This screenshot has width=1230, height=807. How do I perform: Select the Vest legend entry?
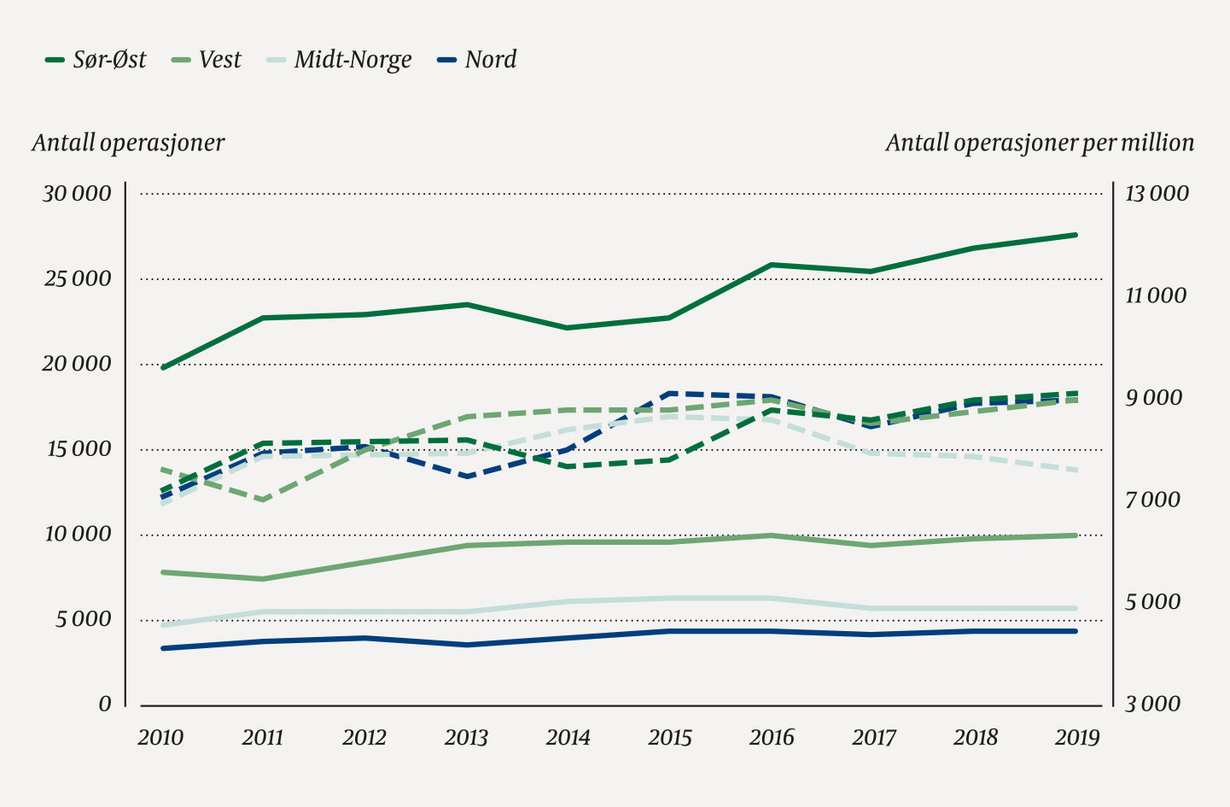click(207, 60)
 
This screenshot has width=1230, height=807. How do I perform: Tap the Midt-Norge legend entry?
click(340, 60)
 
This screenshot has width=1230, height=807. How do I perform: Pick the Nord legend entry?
click(477, 60)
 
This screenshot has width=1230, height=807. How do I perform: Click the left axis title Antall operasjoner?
click(128, 143)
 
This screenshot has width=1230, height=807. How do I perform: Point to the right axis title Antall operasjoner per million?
click(1040, 143)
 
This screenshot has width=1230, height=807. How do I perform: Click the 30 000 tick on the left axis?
click(78, 194)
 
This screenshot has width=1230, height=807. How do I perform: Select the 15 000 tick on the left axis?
click(78, 449)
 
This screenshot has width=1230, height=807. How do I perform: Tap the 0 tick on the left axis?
click(105, 705)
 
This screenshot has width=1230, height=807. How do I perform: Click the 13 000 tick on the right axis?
click(1157, 194)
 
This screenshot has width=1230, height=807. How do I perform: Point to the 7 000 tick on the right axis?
click(1152, 500)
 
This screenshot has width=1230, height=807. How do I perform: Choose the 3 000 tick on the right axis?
click(1152, 705)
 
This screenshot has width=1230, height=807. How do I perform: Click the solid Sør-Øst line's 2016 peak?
click(772, 265)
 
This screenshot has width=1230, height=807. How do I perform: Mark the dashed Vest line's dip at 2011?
click(264, 500)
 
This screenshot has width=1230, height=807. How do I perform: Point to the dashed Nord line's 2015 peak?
click(670, 393)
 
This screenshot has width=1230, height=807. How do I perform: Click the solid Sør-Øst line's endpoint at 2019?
click(1076, 235)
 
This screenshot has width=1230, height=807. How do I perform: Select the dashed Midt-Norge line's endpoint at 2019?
click(1076, 470)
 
